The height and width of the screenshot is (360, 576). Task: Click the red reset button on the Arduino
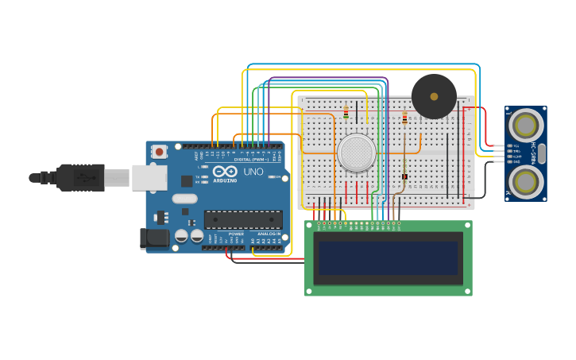coord(160,151)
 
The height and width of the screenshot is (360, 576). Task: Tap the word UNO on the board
coord(253,172)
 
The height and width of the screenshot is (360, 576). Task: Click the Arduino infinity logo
coord(225,171)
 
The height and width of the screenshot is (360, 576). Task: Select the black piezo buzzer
coord(434,96)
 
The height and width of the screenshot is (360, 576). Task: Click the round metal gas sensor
coord(356,152)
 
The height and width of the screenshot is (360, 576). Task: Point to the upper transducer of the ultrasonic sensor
coord(526,125)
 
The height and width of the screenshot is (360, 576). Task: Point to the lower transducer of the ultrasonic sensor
coord(526,181)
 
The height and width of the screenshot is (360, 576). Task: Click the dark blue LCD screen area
coord(388,258)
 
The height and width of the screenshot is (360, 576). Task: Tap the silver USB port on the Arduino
coord(149,177)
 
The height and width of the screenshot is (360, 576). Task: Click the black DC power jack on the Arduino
coord(153,238)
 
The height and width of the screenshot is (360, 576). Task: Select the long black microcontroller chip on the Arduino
coord(243,219)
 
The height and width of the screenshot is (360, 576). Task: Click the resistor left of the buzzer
coord(404,118)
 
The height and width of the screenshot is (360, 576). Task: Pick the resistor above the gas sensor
coord(346,112)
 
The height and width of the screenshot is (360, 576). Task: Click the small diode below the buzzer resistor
coord(404,176)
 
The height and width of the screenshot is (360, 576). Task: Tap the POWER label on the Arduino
coord(236,234)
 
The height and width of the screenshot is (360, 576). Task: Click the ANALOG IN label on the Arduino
coord(269,234)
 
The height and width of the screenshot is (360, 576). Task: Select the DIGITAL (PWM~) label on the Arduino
coord(251,159)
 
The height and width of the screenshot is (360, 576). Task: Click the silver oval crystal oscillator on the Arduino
coord(184,199)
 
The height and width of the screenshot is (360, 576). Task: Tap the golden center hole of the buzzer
coord(434,96)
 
